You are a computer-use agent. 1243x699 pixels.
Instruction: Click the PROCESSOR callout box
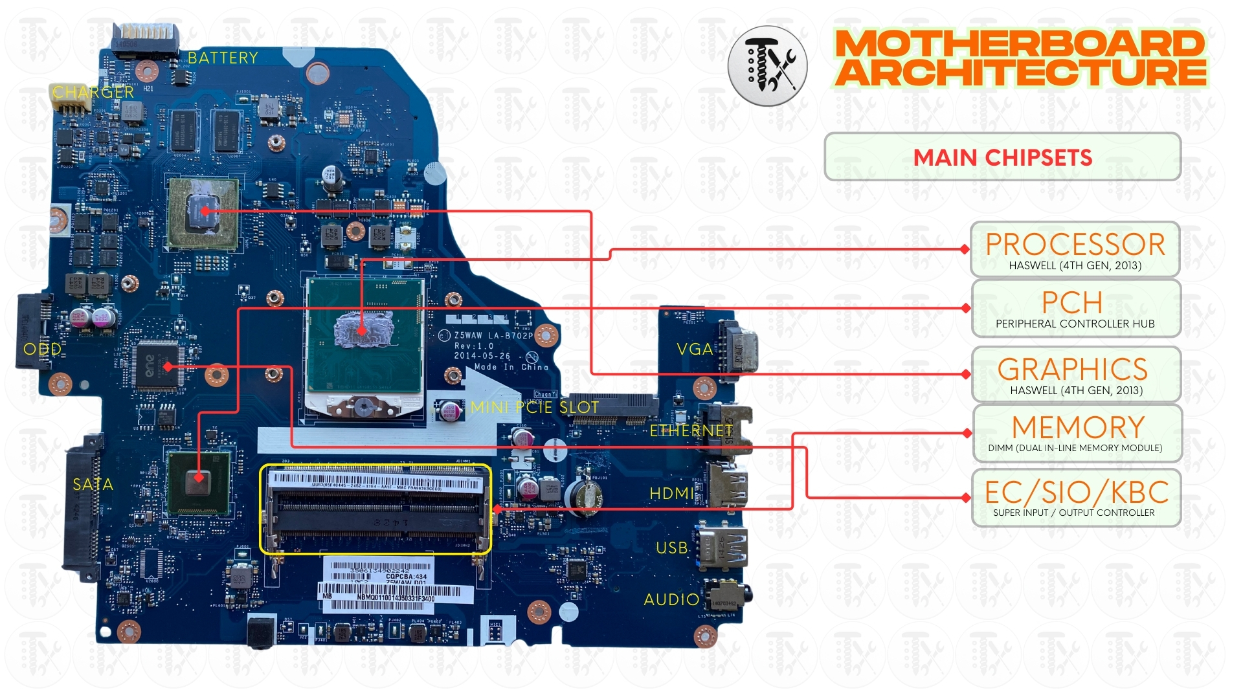point(1075,250)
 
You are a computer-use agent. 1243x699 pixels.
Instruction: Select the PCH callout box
point(1075,309)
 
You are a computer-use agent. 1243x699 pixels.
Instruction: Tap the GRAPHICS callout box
point(1075,375)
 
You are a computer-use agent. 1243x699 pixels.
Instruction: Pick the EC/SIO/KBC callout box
point(1076,498)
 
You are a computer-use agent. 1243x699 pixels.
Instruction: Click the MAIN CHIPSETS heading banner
point(1002,157)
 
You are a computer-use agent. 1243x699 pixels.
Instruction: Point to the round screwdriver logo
point(768,66)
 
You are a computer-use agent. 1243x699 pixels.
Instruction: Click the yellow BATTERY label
point(223,58)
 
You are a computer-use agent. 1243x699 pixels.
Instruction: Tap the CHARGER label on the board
point(93,93)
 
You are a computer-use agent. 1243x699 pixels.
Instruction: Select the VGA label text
point(695,349)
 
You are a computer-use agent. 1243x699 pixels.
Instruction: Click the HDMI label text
point(671,494)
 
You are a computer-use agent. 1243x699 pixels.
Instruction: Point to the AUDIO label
point(671,600)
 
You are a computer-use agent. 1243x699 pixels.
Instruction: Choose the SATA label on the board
point(93,484)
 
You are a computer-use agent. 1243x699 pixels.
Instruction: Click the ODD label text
point(42,349)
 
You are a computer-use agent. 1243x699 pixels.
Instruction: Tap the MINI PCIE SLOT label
point(535,407)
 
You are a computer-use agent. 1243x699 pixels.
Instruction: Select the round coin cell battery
point(584,496)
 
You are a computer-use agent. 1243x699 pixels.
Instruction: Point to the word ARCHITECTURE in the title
point(1020,72)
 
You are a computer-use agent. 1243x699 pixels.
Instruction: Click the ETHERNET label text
point(691,431)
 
